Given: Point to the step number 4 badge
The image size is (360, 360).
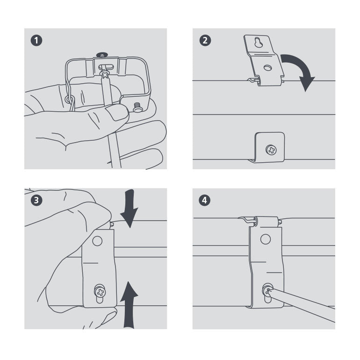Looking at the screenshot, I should (204, 201).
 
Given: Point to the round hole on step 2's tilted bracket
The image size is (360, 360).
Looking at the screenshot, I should (267, 68).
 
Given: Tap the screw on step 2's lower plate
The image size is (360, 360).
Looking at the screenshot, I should (271, 150).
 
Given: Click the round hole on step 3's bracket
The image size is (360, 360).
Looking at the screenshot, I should (97, 241).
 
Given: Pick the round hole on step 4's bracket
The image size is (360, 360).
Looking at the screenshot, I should (266, 239).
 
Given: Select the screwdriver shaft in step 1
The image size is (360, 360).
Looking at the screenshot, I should (113, 150).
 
